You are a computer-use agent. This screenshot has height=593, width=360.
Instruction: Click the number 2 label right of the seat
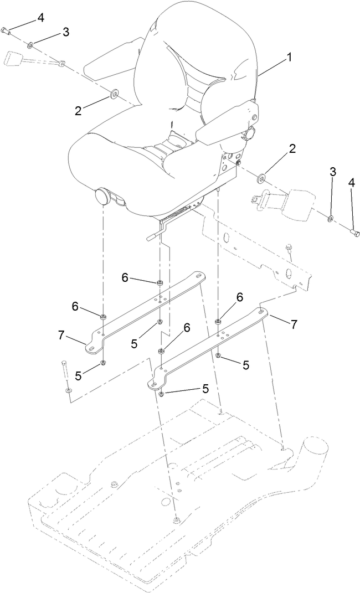point(292,148)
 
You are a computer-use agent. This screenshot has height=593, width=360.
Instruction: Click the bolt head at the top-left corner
point(6,30)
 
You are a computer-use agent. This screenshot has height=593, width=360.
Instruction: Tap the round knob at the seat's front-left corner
point(103,196)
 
